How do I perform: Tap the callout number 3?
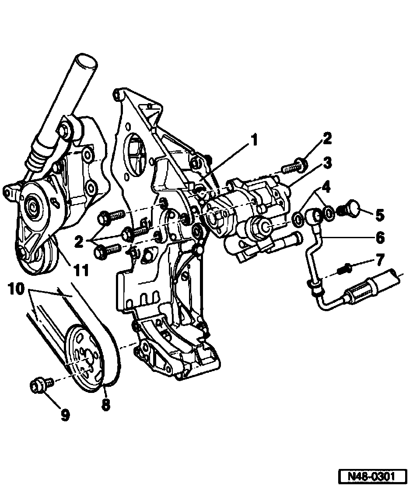[x=326, y=165]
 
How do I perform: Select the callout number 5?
[x=379, y=215]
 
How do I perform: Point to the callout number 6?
[x=379, y=238]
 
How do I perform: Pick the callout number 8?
[x=105, y=404]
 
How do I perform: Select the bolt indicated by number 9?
[x=39, y=385]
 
